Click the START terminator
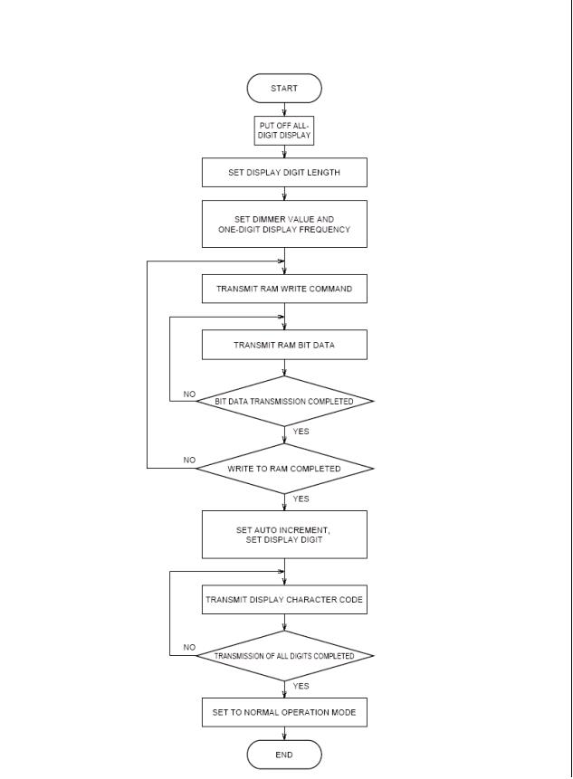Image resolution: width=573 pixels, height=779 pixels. click(284, 89)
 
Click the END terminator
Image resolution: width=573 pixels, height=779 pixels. click(284, 755)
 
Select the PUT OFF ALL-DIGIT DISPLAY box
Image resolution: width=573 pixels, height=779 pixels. click(284, 130)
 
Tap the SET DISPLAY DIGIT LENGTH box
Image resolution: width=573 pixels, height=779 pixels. click(284, 173)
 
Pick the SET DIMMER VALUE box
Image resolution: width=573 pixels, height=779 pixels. click(284, 224)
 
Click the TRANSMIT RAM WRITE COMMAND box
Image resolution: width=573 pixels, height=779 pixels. click(284, 289)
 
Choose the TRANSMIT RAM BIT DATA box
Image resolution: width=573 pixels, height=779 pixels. click(284, 345)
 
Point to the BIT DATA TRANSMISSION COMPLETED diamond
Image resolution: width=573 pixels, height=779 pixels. click(284, 402)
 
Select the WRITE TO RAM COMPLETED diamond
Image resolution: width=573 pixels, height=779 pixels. click(284, 469)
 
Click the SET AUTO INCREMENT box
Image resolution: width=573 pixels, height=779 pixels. click(284, 535)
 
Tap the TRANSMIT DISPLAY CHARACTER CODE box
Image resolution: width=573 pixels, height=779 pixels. click(284, 600)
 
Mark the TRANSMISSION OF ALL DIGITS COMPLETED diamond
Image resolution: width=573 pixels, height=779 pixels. click(284, 656)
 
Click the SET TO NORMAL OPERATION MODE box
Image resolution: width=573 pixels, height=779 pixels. click(284, 712)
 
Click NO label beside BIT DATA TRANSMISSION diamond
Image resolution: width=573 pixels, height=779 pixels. click(189, 394)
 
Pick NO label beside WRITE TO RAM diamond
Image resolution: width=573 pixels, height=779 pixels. click(189, 460)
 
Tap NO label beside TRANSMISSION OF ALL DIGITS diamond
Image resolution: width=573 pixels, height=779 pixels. click(189, 647)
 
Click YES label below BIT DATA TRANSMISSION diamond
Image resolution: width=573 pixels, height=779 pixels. click(301, 432)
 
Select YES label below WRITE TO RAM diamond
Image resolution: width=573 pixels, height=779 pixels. click(301, 499)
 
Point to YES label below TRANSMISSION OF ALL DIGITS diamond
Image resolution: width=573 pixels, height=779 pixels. click(301, 686)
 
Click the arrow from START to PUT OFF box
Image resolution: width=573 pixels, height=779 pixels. click(284, 109)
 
